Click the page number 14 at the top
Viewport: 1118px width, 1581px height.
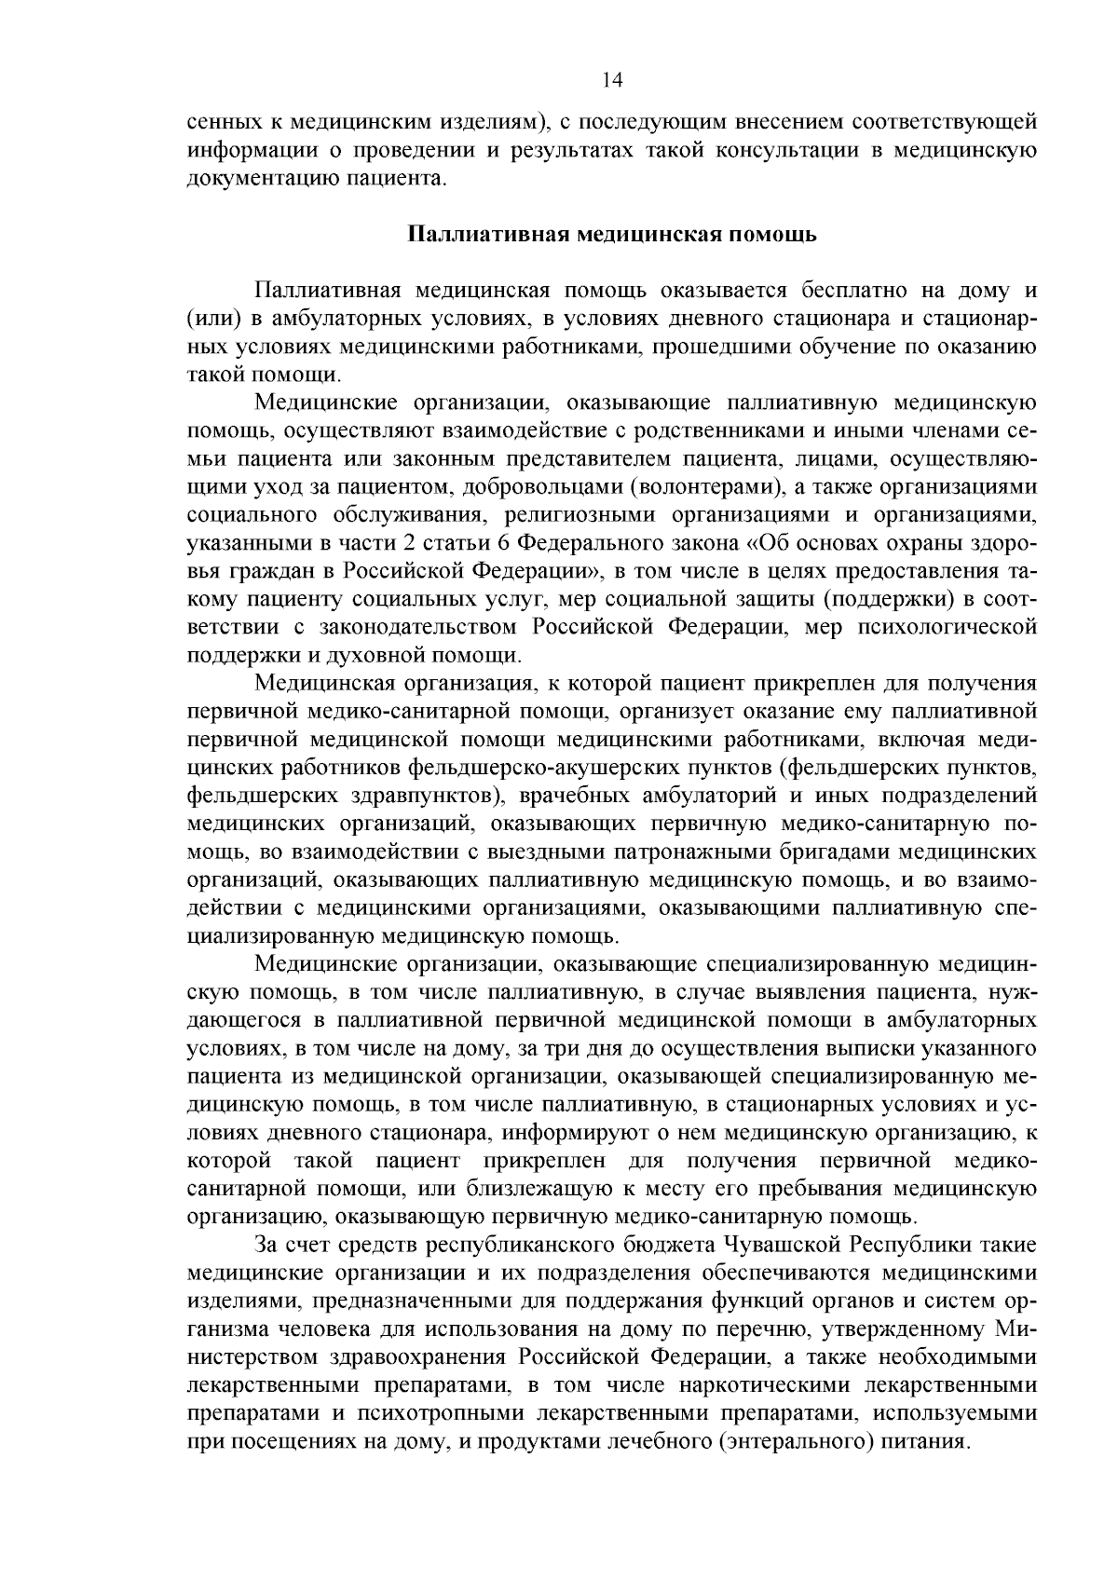coord(612,80)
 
